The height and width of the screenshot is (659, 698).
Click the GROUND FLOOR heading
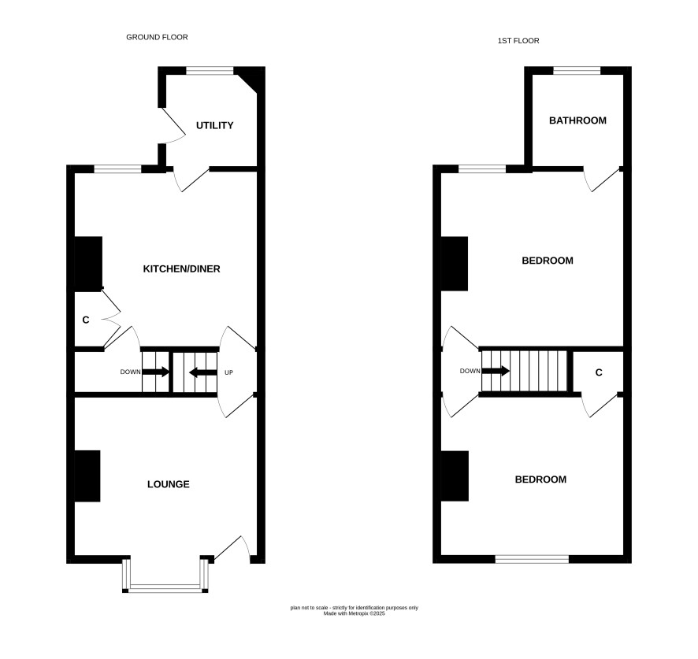coord(157,37)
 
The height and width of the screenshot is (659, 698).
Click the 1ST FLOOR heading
coord(518,41)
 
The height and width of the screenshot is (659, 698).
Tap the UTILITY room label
coord(214,125)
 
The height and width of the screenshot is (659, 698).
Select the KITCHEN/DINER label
coord(181,268)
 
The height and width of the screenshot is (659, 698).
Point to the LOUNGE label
coord(169,484)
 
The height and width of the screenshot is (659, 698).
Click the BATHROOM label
coord(577,120)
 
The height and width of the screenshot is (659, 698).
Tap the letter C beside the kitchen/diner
coord(86,320)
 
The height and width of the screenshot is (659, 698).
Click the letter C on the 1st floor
coord(599,372)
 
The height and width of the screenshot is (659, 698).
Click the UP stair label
coord(228,372)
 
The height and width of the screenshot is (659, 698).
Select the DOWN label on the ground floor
coord(130,372)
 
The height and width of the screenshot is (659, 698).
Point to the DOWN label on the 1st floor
coord(470,371)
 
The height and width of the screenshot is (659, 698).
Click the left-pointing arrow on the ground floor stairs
coord(203,372)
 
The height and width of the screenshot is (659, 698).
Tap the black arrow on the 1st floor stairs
coord(496,371)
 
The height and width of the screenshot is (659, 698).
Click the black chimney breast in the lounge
coord(87,476)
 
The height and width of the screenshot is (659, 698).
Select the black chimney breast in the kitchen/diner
coord(88,264)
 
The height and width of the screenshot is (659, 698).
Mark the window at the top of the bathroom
coord(577,70)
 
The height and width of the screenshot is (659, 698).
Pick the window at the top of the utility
coord(210,70)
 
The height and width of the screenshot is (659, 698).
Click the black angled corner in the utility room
coord(248,80)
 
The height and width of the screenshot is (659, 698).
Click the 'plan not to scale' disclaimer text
coord(355,610)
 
